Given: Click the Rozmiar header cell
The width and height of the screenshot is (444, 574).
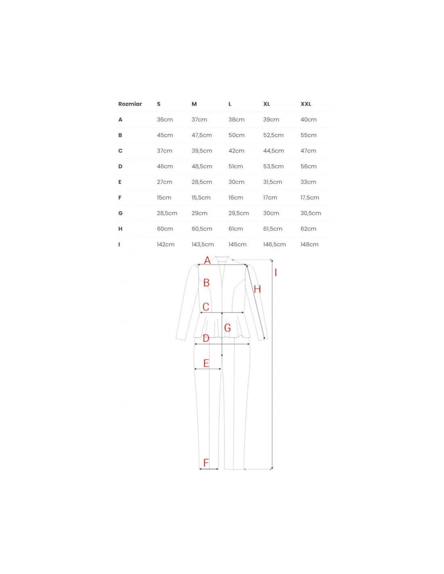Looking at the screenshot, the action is pos(130,104).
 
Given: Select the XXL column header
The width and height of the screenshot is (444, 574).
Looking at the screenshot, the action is pos(306,104).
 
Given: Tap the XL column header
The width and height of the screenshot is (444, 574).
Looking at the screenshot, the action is pos(266,104).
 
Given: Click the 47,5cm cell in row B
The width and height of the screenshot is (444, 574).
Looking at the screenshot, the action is pos(201,135).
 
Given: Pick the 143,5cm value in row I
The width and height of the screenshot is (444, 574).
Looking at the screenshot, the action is pos(203,244).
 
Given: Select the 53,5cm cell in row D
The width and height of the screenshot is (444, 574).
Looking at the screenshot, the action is pos(273,166).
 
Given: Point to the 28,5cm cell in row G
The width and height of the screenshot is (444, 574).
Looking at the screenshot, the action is pos(167,213).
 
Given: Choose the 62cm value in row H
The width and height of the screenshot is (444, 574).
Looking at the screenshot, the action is pos(308,229).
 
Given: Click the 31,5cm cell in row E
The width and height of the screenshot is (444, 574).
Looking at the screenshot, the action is pos(272,182).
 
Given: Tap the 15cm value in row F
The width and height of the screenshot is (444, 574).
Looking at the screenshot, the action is pos(164,197).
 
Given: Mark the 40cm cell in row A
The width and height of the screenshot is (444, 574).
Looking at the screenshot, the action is pos(308,119).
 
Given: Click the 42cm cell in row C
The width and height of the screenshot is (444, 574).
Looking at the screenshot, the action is pos(237,151).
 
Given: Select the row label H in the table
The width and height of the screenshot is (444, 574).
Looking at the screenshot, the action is pos(120,229).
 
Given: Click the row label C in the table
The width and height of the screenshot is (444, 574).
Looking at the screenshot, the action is pos(120,151).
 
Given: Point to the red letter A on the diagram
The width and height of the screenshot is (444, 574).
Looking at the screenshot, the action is pos(207,260).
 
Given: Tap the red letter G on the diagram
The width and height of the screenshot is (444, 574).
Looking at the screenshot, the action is pos(227,328).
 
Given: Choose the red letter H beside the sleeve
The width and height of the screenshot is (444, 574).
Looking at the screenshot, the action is pos(257,289).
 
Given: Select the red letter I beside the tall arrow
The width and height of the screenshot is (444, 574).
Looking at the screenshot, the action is pos(276,272).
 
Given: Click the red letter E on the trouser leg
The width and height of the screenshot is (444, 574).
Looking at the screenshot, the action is pos(206,363).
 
